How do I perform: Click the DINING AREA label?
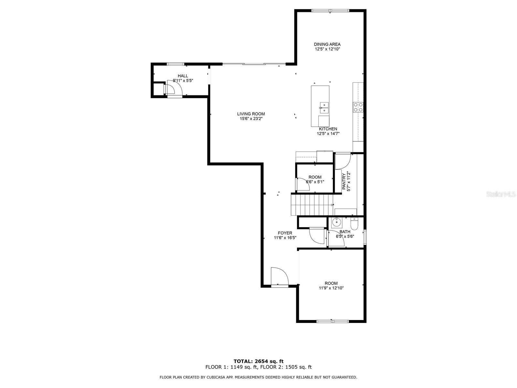point(327,44)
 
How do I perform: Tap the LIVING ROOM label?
point(251,114)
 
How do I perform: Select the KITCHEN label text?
point(328,129)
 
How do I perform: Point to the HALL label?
point(183,76)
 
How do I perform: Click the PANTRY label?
point(344,181)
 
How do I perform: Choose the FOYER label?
point(285,233)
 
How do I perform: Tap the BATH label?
point(345,232)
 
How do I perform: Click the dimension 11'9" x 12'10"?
point(331,288)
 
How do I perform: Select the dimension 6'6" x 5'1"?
point(315,182)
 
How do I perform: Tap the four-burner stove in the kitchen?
point(358,107)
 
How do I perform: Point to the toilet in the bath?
point(354,224)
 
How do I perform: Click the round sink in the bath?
point(337,222)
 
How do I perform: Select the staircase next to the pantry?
point(312,204)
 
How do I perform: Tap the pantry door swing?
point(343,161)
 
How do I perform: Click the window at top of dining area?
point(330,11)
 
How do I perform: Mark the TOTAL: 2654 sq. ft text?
point(258,361)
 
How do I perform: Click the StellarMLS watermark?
point(501,194)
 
